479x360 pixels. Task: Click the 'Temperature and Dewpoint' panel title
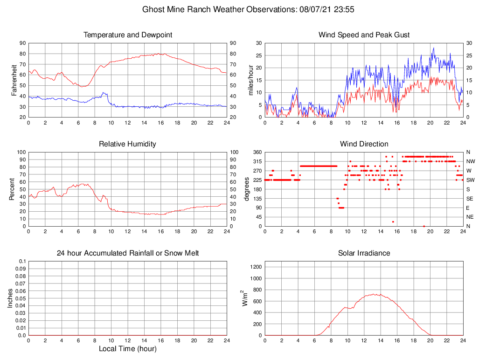[127, 35]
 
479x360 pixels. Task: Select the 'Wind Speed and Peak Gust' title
[364, 35]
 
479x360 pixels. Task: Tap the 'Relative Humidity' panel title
[127, 144]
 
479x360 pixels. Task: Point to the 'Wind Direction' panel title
[364, 144]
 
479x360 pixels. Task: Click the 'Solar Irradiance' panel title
[364, 253]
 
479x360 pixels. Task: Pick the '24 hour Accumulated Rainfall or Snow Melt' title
[127, 253]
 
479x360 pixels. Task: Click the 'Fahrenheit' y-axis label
[14, 80]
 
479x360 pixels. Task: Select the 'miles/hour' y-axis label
[251, 80]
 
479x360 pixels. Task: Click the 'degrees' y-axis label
[248, 189]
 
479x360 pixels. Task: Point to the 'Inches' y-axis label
[10, 298]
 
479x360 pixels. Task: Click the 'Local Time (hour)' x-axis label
[127, 349]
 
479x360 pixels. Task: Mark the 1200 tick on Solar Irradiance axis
[255, 267]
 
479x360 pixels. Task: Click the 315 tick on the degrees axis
[257, 161]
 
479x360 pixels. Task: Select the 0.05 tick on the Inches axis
[21, 298]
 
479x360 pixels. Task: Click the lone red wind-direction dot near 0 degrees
[424, 226]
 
